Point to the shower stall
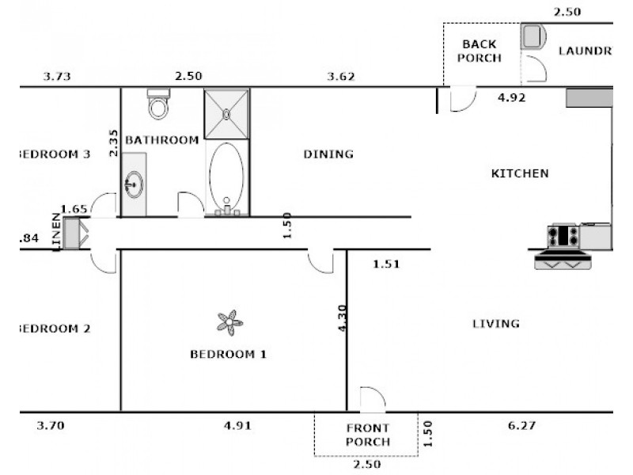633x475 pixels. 227,113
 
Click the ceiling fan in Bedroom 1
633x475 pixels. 229,321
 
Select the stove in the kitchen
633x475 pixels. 563,235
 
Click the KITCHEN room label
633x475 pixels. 520,173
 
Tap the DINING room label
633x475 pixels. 328,154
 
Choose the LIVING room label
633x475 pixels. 495,323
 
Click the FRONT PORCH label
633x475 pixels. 367,435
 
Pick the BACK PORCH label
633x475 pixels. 481,51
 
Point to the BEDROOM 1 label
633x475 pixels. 228,354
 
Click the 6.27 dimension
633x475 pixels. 521,425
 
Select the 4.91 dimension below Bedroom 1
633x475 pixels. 237,425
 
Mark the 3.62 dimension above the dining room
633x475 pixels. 341,77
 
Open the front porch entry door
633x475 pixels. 372,400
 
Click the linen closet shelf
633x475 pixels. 74,234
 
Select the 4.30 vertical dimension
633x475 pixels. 342,318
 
